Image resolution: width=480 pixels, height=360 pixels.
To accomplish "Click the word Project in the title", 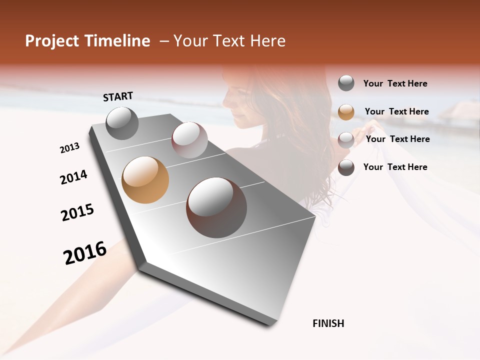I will tap(51, 41).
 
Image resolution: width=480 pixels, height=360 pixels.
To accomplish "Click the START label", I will tap(118, 96).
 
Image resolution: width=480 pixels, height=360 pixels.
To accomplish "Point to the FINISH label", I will tap(328, 323).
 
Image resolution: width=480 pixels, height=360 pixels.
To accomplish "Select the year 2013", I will tap(70, 148).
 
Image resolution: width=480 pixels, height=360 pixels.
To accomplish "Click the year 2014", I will tap(73, 177).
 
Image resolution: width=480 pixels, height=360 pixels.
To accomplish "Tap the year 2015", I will tap(77, 212).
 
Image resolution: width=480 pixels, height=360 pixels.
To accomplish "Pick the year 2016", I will tap(85, 252).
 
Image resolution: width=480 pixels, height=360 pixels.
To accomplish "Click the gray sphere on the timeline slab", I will tap(122, 123).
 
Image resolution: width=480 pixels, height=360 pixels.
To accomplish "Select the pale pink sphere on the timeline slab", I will tap(189, 140).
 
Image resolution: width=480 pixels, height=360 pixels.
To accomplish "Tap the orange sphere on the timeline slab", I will tap(145, 180).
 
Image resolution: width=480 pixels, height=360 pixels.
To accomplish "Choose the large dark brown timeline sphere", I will tap(216, 207).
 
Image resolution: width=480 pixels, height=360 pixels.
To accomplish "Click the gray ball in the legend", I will tap(346, 83).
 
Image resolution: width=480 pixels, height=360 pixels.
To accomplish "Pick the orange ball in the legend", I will tap(346, 112).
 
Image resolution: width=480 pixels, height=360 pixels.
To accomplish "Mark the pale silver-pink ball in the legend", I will tap(346, 139).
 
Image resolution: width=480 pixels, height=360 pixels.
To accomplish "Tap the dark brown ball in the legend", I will tap(346, 167).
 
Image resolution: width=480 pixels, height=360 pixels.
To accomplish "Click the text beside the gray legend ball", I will tap(395, 83).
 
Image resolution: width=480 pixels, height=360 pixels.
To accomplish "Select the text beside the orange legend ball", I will tap(397, 111).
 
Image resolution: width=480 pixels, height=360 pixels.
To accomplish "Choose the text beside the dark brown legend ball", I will tap(395, 167).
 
